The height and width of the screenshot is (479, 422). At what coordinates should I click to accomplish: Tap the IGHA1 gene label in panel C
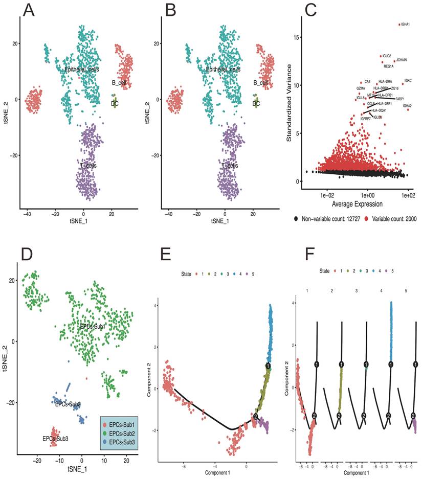[x=406, y=24]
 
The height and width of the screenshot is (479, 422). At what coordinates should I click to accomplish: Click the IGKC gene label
[x=408, y=80]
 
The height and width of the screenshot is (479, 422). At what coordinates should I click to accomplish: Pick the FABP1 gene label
[x=400, y=99]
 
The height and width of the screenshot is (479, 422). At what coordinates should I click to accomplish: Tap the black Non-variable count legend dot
[x=296, y=219]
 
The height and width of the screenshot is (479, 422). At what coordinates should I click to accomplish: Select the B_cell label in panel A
[x=119, y=82]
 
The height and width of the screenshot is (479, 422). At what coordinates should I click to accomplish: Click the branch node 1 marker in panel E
[x=269, y=366]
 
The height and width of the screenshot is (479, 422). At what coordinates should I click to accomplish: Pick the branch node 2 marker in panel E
[x=255, y=417]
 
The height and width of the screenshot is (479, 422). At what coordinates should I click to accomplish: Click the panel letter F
[x=306, y=254]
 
